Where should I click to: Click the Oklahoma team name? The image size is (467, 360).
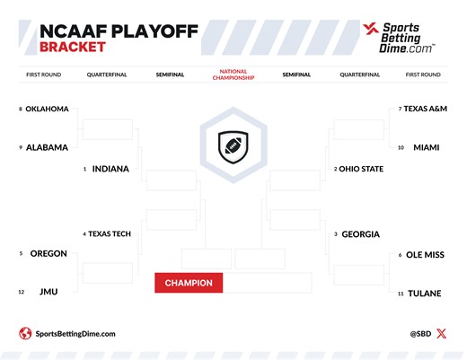[x=47, y=110]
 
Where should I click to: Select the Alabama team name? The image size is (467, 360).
[x=47, y=147]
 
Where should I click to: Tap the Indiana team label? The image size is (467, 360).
[x=110, y=168]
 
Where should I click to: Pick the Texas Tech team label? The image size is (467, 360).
[x=110, y=234]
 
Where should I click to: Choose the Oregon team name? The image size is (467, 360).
[x=48, y=253]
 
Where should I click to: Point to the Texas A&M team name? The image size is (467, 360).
[x=426, y=109]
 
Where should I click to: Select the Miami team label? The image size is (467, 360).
[x=426, y=147]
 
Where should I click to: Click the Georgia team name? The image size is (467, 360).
[x=361, y=234]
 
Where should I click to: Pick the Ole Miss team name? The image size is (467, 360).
[x=426, y=255]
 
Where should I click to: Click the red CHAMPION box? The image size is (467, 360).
[x=189, y=284]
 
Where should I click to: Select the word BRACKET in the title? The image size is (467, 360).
[x=73, y=46]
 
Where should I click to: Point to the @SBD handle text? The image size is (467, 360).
[x=422, y=334]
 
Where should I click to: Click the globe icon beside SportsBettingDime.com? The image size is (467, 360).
[x=25, y=334]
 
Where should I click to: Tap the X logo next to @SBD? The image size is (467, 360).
[x=440, y=334]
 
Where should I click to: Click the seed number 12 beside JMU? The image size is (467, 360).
[x=21, y=292]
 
